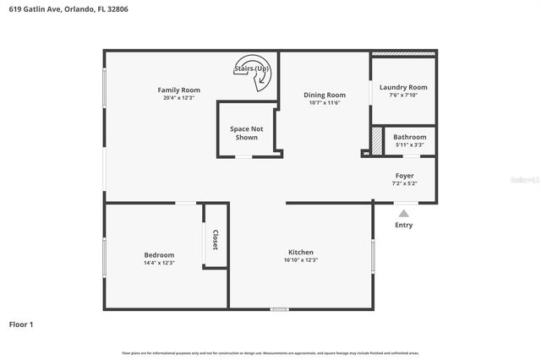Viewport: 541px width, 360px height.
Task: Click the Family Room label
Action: (x=178, y=90)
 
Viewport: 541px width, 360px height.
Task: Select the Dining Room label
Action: (x=325, y=95)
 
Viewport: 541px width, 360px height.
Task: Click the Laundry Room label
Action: (x=403, y=87)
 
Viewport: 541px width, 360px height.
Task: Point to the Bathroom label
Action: (x=409, y=137)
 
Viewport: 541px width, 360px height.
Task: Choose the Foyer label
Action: (x=403, y=175)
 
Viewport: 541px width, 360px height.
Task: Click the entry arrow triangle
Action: (x=404, y=214)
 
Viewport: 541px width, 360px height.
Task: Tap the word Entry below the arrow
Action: (x=404, y=226)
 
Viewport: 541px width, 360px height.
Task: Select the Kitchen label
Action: (x=301, y=252)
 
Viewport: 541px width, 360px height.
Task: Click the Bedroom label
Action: (x=159, y=255)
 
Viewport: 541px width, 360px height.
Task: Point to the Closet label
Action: (x=215, y=240)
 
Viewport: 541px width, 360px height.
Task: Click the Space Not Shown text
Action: (x=246, y=133)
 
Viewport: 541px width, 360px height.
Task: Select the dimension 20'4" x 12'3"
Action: (x=178, y=98)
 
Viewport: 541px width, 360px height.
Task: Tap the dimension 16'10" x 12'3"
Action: (x=301, y=260)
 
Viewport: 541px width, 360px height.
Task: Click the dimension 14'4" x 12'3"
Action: (x=159, y=264)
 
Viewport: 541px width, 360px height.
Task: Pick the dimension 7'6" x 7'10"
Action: (x=403, y=95)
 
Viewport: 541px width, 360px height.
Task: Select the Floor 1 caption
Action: (x=21, y=324)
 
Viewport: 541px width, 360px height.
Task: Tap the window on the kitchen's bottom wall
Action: (x=279, y=309)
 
